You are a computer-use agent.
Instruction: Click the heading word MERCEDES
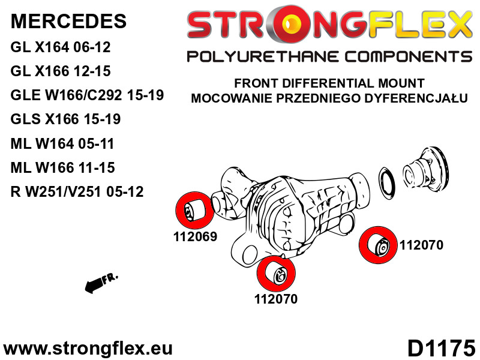(x=68, y=21)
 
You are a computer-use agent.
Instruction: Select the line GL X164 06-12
(x=61, y=47)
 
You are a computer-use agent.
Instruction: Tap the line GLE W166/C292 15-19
(x=87, y=95)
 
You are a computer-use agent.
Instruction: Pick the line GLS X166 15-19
(x=65, y=119)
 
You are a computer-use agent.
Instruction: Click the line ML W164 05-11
(x=62, y=143)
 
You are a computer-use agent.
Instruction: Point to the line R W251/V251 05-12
(x=77, y=191)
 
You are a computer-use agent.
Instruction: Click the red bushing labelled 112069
(x=194, y=211)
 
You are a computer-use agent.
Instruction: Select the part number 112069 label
(x=195, y=236)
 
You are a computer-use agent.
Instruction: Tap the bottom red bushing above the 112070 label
(x=276, y=274)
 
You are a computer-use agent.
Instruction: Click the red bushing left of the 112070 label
(x=378, y=245)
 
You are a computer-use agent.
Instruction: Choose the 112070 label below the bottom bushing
(x=276, y=299)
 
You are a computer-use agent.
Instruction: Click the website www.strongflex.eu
(x=88, y=349)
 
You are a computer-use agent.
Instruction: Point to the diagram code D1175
(x=441, y=348)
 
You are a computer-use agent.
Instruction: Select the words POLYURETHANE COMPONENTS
(x=329, y=57)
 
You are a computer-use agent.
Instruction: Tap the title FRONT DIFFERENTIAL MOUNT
(x=329, y=83)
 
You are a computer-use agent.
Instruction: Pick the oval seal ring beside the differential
(x=386, y=184)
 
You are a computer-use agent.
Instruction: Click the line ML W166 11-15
(x=62, y=167)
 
